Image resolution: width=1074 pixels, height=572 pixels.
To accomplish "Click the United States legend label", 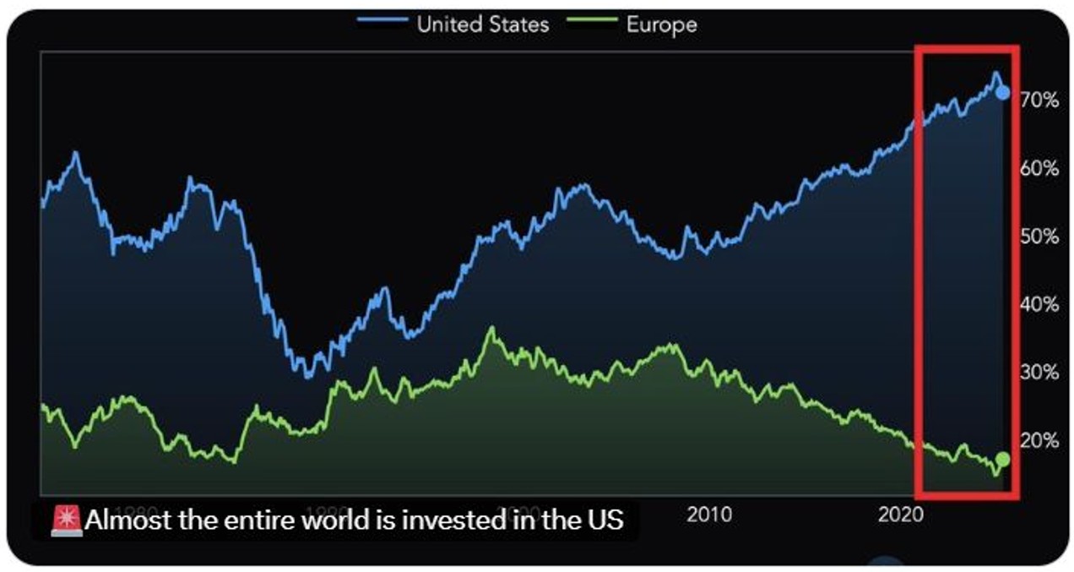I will click(482, 24).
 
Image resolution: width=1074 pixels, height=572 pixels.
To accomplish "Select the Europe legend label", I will click(661, 24).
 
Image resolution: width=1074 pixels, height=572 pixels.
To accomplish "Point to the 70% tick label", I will click(1039, 100).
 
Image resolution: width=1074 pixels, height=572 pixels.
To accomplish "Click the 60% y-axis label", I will click(1039, 168).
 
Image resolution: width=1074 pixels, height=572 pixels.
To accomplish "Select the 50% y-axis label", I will click(1039, 236).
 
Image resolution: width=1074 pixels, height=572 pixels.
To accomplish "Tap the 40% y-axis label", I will click(1039, 304).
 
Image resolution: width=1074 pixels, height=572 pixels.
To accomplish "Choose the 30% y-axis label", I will click(1039, 372).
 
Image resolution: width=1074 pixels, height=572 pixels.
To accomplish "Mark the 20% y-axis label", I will click(1039, 440).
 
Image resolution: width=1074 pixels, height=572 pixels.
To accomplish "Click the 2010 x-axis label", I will click(709, 514).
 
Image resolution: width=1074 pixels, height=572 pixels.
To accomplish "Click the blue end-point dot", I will click(1002, 92).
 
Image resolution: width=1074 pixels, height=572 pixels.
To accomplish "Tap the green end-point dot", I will click(1002, 459).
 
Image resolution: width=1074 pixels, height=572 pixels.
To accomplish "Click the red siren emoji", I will click(67, 520).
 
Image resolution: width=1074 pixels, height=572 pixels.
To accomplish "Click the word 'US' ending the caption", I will click(605, 520).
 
